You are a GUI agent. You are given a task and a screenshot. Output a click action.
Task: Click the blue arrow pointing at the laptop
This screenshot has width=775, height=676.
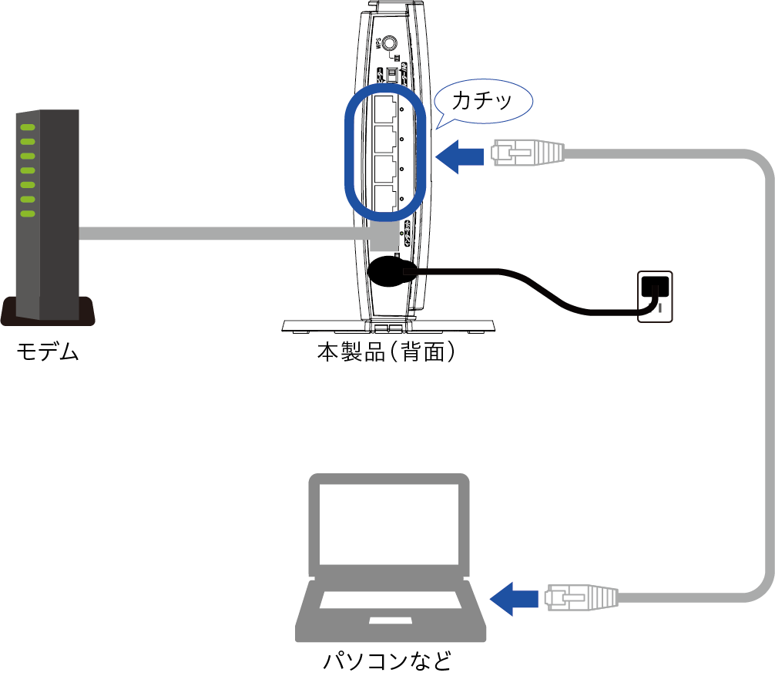[x=514, y=598]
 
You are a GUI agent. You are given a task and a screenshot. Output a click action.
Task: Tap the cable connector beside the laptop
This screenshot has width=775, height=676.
[x=582, y=597]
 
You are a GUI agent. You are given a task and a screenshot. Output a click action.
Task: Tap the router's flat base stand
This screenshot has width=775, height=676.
[x=389, y=325]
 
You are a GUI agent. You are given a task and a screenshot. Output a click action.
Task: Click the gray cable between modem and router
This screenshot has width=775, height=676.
[x=223, y=233]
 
